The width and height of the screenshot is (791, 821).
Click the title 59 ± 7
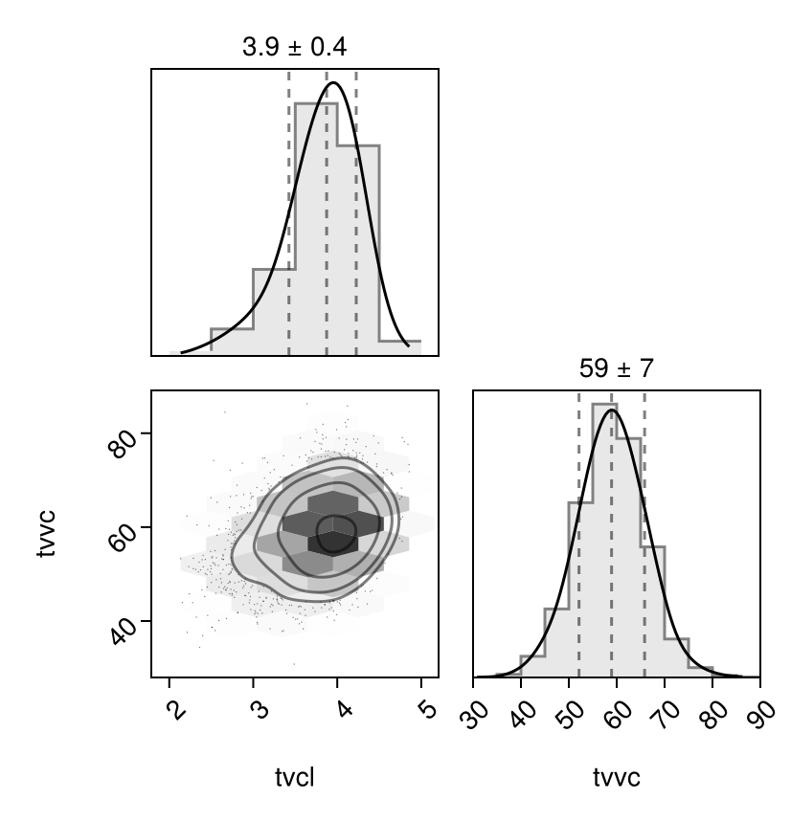[617, 368]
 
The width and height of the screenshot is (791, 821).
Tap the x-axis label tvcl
[295, 778]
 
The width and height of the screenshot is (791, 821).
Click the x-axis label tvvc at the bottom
[617, 778]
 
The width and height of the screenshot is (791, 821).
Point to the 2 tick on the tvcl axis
[173, 709]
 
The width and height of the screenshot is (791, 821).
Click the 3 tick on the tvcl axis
[257, 709]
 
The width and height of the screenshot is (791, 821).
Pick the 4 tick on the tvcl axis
[341, 709]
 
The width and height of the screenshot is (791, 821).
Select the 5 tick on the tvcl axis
[425, 709]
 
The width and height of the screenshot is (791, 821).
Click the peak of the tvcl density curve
[333, 83]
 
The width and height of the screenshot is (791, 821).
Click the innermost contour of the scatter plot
[336, 533]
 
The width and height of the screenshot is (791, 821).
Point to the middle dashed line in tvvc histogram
[612, 536]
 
